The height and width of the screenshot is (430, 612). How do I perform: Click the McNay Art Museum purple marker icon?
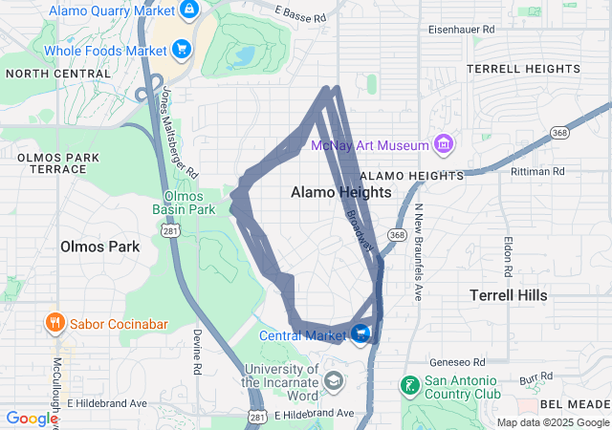[443, 145]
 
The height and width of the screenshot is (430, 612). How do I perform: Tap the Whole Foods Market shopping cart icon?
[182, 49]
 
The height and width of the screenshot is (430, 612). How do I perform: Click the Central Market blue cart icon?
[361, 333]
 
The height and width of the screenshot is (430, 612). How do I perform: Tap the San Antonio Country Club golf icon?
[409, 386]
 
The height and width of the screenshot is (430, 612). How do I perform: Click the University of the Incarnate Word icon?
[333, 381]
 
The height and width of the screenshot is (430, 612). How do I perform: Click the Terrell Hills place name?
[509, 295]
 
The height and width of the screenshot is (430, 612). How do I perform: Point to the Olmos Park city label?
[99, 246]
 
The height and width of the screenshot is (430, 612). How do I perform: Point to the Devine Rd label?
[197, 352]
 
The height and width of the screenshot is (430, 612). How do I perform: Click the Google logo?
[33, 419]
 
